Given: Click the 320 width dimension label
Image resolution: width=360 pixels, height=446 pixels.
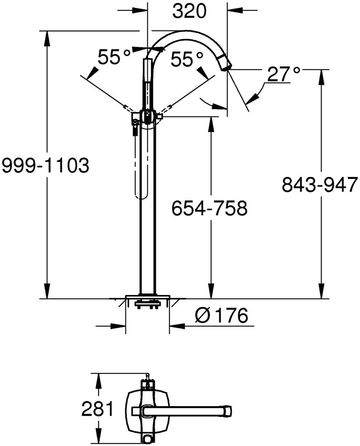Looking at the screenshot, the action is pyautogui.click(x=189, y=11).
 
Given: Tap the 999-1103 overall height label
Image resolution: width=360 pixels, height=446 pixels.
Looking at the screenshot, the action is pyautogui.click(x=45, y=165).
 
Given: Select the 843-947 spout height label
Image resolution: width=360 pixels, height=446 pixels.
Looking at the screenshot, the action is pyautogui.click(x=319, y=184).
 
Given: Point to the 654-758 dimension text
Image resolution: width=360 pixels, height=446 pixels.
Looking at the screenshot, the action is pyautogui.click(x=209, y=208).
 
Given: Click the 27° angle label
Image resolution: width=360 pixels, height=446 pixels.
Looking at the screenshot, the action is pyautogui.click(x=284, y=74).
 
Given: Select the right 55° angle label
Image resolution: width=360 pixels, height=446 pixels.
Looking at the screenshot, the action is pyautogui.click(x=187, y=59).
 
